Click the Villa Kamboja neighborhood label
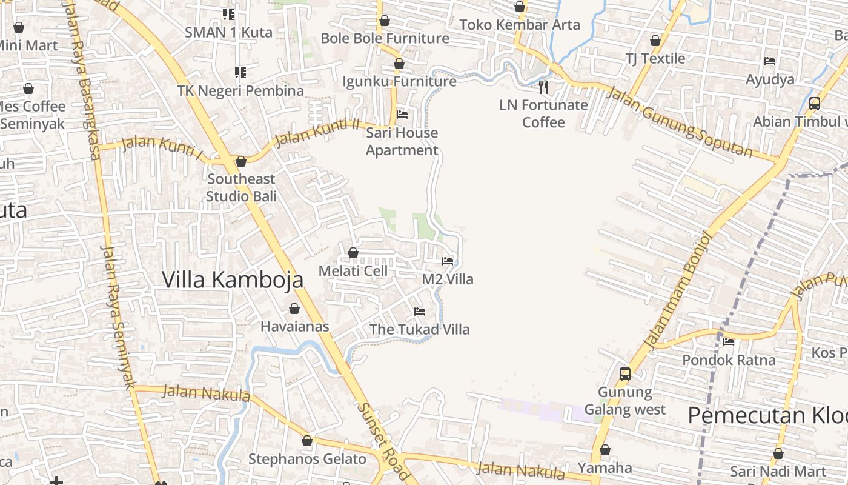[233, 279]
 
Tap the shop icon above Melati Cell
[353, 253]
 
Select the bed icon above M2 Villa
[448, 261]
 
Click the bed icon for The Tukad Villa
[419, 312]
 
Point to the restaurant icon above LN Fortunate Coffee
[543, 87]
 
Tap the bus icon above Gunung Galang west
[625, 374]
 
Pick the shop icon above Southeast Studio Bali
[241, 161]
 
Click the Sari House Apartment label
[402, 141]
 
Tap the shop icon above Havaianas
[294, 309]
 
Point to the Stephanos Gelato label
[307, 459]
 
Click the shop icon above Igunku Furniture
[399, 64]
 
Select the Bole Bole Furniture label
[385, 38]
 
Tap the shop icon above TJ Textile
[655, 41]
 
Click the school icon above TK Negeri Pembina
[240, 73]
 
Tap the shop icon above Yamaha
[605, 450]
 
